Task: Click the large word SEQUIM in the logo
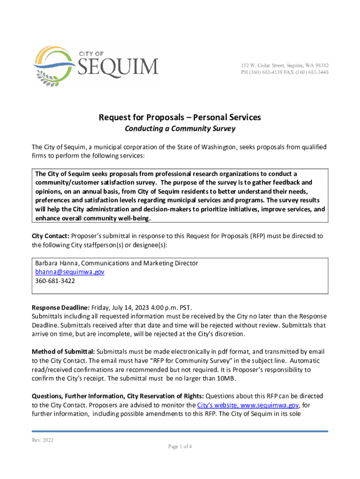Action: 117,66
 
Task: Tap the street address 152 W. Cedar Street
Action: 262,65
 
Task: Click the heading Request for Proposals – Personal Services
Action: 180,117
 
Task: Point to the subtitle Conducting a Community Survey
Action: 180,129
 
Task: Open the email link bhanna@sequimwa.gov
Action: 70,272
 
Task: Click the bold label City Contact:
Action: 50,236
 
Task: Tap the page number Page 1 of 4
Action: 180,446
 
